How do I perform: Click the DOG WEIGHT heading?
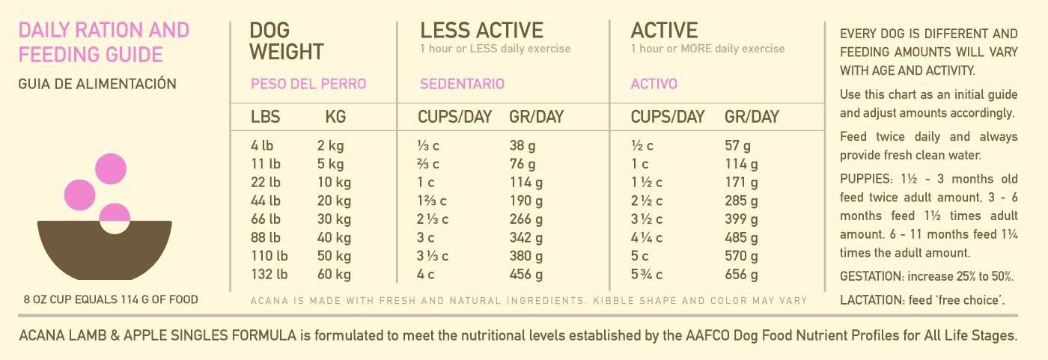[287, 41]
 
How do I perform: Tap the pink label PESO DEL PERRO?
[308, 84]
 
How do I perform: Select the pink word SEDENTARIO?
[462, 84]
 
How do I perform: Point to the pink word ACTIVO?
[654, 84]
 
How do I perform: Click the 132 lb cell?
[269, 275]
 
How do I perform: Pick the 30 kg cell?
[333, 219]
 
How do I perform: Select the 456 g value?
[525, 275]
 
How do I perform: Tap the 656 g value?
[741, 275]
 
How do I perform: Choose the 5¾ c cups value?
[648, 275]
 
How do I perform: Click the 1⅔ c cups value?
[433, 201]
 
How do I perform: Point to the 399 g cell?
[741, 219]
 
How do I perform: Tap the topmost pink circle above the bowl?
[110, 168]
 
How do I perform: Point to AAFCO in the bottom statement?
[701, 335]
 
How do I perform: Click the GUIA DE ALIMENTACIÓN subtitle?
[97, 84]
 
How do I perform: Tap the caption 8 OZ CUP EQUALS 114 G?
[111, 300]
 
